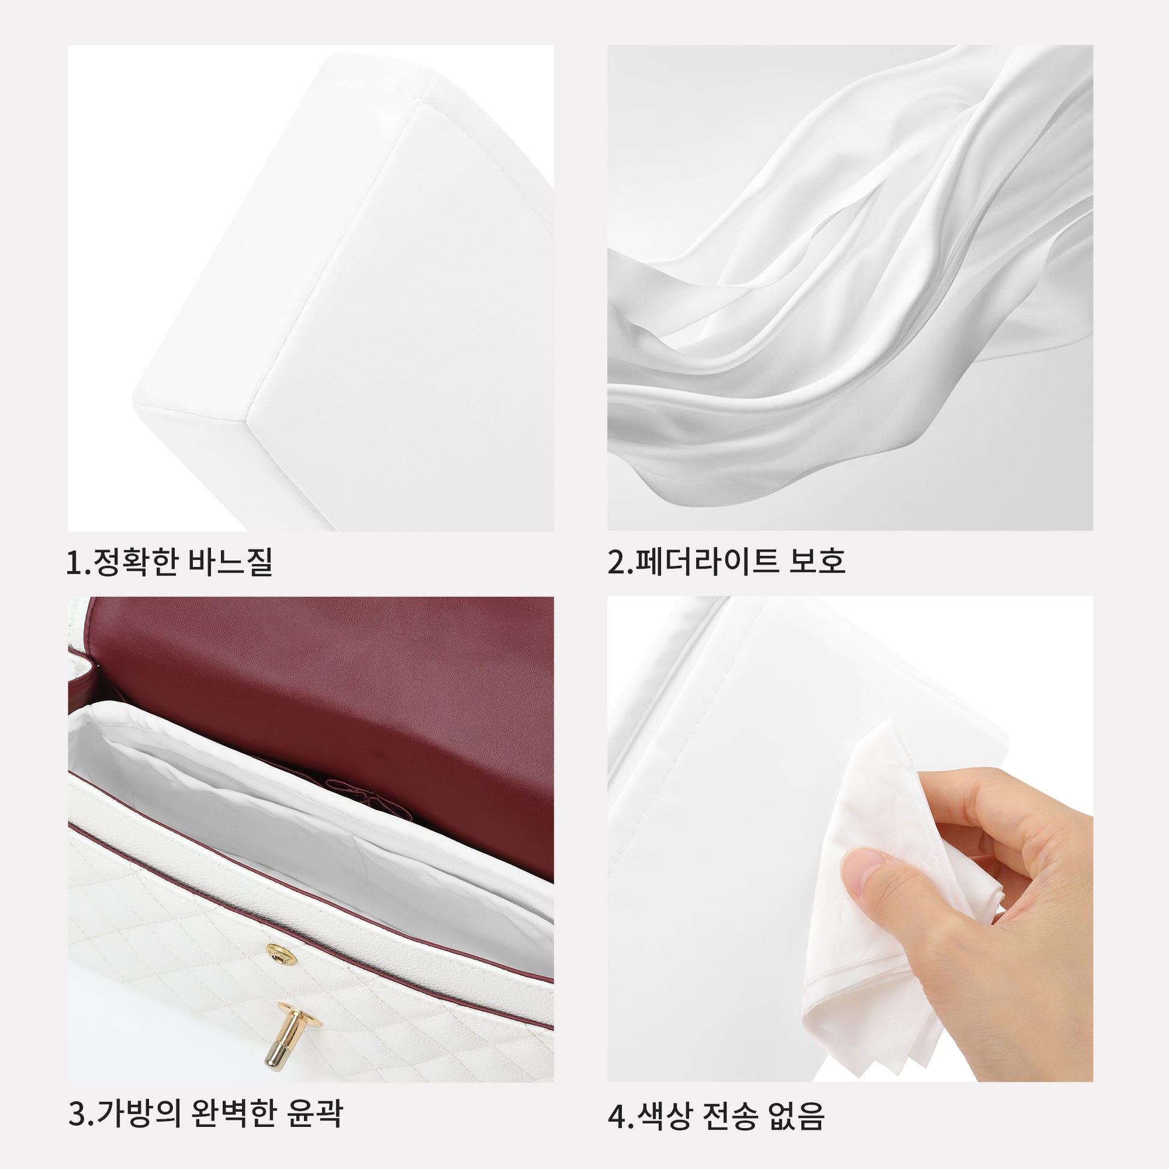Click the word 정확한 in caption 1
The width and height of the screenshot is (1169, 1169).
[x=135, y=562]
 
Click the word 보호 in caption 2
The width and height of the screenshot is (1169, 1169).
[x=817, y=561]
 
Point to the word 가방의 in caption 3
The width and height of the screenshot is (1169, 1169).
[x=138, y=1112]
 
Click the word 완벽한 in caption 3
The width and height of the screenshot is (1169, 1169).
[x=233, y=1112]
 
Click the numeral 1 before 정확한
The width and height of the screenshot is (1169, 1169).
[x=74, y=562]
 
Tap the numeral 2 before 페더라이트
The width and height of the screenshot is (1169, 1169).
[x=616, y=562]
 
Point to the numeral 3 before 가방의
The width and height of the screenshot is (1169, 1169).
[x=77, y=1113]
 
